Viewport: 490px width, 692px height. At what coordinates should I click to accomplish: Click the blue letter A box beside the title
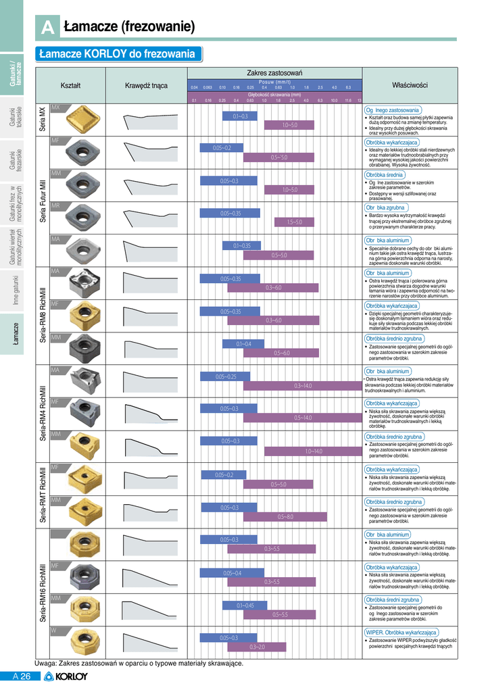coord(47,28)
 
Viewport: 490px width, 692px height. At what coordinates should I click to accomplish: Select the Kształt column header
coord(71,86)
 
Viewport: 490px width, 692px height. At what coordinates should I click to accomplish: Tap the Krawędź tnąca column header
coord(146,86)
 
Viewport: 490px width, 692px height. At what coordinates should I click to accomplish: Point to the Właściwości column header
coord(410,86)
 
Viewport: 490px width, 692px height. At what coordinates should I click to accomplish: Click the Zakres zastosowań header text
coord(274,72)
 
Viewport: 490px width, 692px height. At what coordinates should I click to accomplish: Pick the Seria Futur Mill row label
coord(43,201)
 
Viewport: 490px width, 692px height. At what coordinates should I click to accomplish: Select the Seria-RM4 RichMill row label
coord(43,414)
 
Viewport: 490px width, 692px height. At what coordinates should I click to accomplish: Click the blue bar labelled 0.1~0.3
coord(241,116)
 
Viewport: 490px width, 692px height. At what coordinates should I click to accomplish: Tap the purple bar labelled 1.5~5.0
coord(295,222)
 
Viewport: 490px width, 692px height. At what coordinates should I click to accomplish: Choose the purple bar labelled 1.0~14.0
coord(313,451)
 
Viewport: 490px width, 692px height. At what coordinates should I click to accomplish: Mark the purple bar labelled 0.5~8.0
coord(285,516)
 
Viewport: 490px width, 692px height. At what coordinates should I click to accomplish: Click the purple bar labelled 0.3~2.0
coord(258,647)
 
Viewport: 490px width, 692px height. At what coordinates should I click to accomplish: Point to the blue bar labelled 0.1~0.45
coord(245,605)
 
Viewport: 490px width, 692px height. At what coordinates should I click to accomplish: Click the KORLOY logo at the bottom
coord(66,676)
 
